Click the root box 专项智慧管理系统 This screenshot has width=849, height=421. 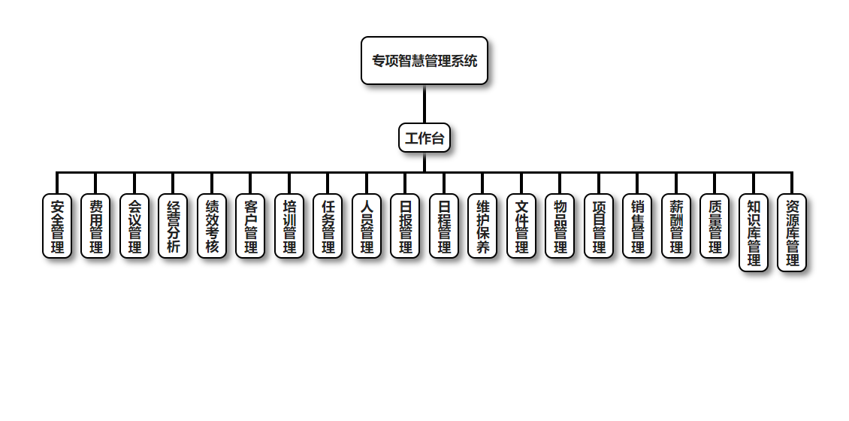coord(424,61)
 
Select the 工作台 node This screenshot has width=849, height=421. coord(424,138)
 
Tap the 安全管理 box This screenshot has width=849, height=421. coord(57,226)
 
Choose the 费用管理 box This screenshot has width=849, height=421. coord(95,226)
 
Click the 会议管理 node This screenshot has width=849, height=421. coord(134,226)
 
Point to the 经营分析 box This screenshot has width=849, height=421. coord(173,226)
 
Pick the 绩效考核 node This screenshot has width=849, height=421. coord(212,226)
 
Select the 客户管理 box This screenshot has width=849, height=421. coord(250,226)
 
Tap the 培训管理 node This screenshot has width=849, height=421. coord(289,226)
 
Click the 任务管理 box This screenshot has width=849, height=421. coord(328,226)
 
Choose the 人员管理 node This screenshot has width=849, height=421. coord(367,226)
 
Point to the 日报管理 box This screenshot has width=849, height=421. coord(405,226)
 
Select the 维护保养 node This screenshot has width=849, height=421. coord(482,226)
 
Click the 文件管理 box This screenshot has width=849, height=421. coord(521,226)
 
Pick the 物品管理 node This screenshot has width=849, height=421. coord(560,226)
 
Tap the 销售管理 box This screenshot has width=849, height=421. coord(637,226)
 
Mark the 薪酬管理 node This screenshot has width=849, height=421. coord(676,226)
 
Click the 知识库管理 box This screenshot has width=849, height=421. coord(754,232)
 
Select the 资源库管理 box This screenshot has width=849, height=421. coord(792,232)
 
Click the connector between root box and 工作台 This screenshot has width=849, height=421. coord(424,104)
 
